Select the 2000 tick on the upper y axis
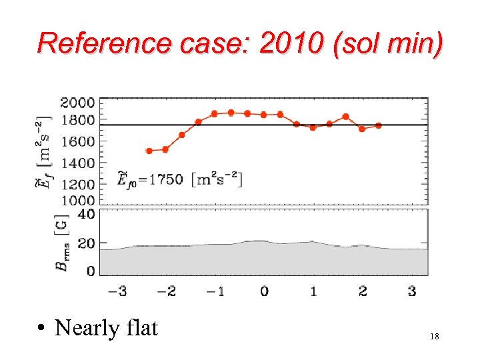(x=77, y=103)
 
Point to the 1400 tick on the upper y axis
(x=77, y=163)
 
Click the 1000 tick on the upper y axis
(x=77, y=200)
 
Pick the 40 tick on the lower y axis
(x=86, y=214)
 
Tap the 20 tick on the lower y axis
(x=86, y=243)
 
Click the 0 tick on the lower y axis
(x=90, y=271)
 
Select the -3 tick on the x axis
(x=117, y=291)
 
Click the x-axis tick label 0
(x=264, y=291)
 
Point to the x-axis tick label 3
(x=411, y=291)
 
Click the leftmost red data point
(x=149, y=151)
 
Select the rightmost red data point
(x=378, y=125)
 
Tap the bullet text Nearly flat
(x=106, y=327)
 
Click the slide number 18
(x=435, y=338)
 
